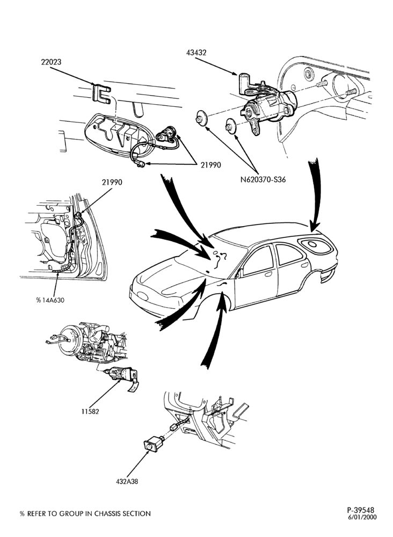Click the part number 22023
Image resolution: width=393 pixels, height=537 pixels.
(52, 62)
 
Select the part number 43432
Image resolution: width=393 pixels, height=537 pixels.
(196, 53)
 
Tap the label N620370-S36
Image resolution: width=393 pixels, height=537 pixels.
(263, 179)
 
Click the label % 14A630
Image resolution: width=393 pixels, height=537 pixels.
(50, 300)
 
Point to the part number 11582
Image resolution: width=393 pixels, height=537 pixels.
(90, 412)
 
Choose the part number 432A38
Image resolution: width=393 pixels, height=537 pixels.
(127, 481)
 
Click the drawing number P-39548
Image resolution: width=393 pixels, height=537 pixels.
(361, 510)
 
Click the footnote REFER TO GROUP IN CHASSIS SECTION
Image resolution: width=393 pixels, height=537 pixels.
(89, 514)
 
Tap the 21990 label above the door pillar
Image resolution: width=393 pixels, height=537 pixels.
(112, 183)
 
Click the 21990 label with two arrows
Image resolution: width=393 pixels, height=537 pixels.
(210, 165)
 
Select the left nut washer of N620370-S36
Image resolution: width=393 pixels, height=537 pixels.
(201, 119)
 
